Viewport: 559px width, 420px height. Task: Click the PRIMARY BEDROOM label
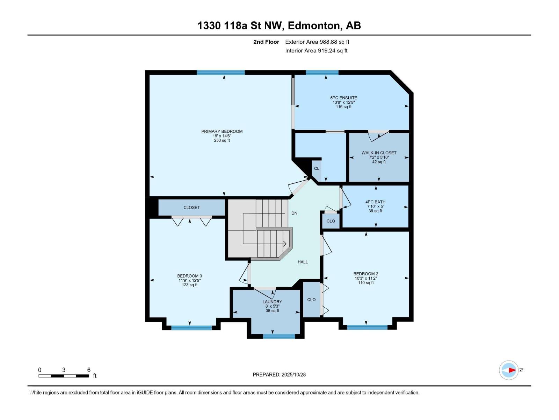222,131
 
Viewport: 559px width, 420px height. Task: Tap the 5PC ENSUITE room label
343,98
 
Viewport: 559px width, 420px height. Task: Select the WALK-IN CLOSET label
379,153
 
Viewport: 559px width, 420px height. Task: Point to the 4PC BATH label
375,202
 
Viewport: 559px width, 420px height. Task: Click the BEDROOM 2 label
365,274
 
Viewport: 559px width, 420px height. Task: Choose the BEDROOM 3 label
189,276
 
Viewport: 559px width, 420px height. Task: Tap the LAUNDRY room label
272,302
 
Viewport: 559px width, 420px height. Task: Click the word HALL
303,262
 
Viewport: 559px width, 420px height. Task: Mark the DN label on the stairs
294,213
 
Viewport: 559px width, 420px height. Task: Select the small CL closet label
317,169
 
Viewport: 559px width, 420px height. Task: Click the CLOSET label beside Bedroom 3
191,208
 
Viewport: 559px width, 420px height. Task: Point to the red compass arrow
512,370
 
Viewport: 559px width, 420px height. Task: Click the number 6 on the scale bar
89,370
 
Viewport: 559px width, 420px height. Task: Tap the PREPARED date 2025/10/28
293,374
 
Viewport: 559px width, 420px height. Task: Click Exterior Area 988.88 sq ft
317,42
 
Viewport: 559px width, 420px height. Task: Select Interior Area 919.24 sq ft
316,51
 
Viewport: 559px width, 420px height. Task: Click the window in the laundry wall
278,336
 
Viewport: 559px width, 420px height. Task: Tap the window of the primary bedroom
220,72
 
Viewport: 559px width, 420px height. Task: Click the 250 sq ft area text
222,140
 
